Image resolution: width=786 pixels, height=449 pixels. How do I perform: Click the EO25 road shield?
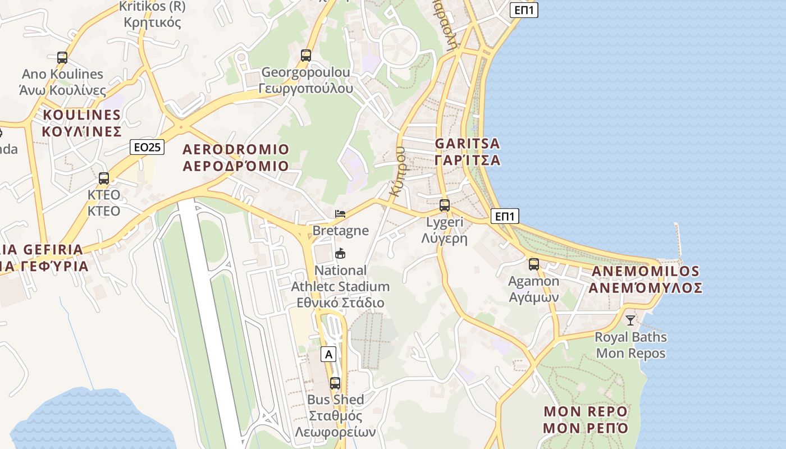[148, 147]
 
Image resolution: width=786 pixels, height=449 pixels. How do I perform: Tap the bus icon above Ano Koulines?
[62, 57]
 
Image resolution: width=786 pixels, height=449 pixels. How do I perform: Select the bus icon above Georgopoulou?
[305, 56]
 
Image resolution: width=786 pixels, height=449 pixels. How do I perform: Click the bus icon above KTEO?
[104, 178]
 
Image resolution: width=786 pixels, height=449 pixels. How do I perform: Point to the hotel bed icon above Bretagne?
[340, 213]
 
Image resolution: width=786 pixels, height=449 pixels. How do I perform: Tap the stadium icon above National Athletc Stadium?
[340, 254]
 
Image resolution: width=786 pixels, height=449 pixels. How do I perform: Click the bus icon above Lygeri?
[444, 205]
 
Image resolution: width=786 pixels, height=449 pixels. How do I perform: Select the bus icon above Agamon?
[533, 264]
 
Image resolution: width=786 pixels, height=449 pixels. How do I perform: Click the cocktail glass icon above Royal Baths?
[630, 320]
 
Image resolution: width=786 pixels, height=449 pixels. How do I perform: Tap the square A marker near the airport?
[329, 354]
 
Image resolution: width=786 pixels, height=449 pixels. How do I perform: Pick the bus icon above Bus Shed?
[335, 383]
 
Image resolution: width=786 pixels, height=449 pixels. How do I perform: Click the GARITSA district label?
[468, 152]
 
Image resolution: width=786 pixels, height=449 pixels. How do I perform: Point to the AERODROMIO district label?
[236, 158]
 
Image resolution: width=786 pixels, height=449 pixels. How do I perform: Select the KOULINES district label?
[82, 123]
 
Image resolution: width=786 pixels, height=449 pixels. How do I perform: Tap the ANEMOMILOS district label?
[646, 280]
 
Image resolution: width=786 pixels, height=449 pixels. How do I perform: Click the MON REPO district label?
[585, 419]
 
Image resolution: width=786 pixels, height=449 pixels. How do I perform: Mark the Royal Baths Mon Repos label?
[630, 345]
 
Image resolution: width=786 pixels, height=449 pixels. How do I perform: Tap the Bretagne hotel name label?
[340, 230]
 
